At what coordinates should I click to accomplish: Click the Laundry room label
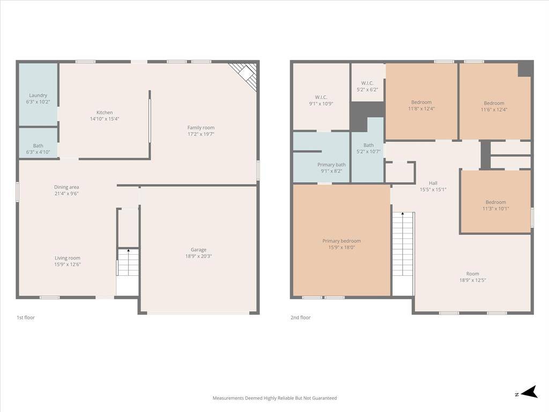coord(38,95)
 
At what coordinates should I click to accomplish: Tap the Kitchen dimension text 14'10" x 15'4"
coord(105,119)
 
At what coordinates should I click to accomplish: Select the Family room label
coord(201,128)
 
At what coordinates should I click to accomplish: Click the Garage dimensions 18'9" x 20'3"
coord(198,256)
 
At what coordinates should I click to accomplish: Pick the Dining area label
coord(66,187)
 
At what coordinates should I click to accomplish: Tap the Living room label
coord(67,258)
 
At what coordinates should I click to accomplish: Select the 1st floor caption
coord(26,318)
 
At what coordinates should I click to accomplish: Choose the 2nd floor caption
coord(300,318)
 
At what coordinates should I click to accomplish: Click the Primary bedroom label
coord(342,241)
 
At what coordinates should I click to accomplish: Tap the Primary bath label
coord(331,165)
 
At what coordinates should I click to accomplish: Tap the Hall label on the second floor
coord(433,183)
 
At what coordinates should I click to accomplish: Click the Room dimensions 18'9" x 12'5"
coord(473,280)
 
